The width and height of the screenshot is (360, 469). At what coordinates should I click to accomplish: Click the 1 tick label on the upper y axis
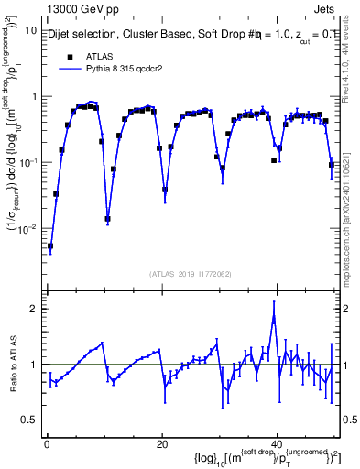(34, 96)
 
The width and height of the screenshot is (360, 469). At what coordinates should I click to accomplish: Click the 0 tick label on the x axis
(46, 442)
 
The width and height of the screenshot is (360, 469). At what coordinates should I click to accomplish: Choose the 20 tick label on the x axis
(162, 442)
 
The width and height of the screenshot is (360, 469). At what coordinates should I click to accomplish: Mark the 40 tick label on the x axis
(278, 442)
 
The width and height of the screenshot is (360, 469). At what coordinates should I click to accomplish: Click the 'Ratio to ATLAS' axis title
(12, 365)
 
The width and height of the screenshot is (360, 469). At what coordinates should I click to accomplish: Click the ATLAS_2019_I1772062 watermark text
(191, 273)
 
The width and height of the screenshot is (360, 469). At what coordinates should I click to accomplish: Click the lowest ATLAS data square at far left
(50, 246)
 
